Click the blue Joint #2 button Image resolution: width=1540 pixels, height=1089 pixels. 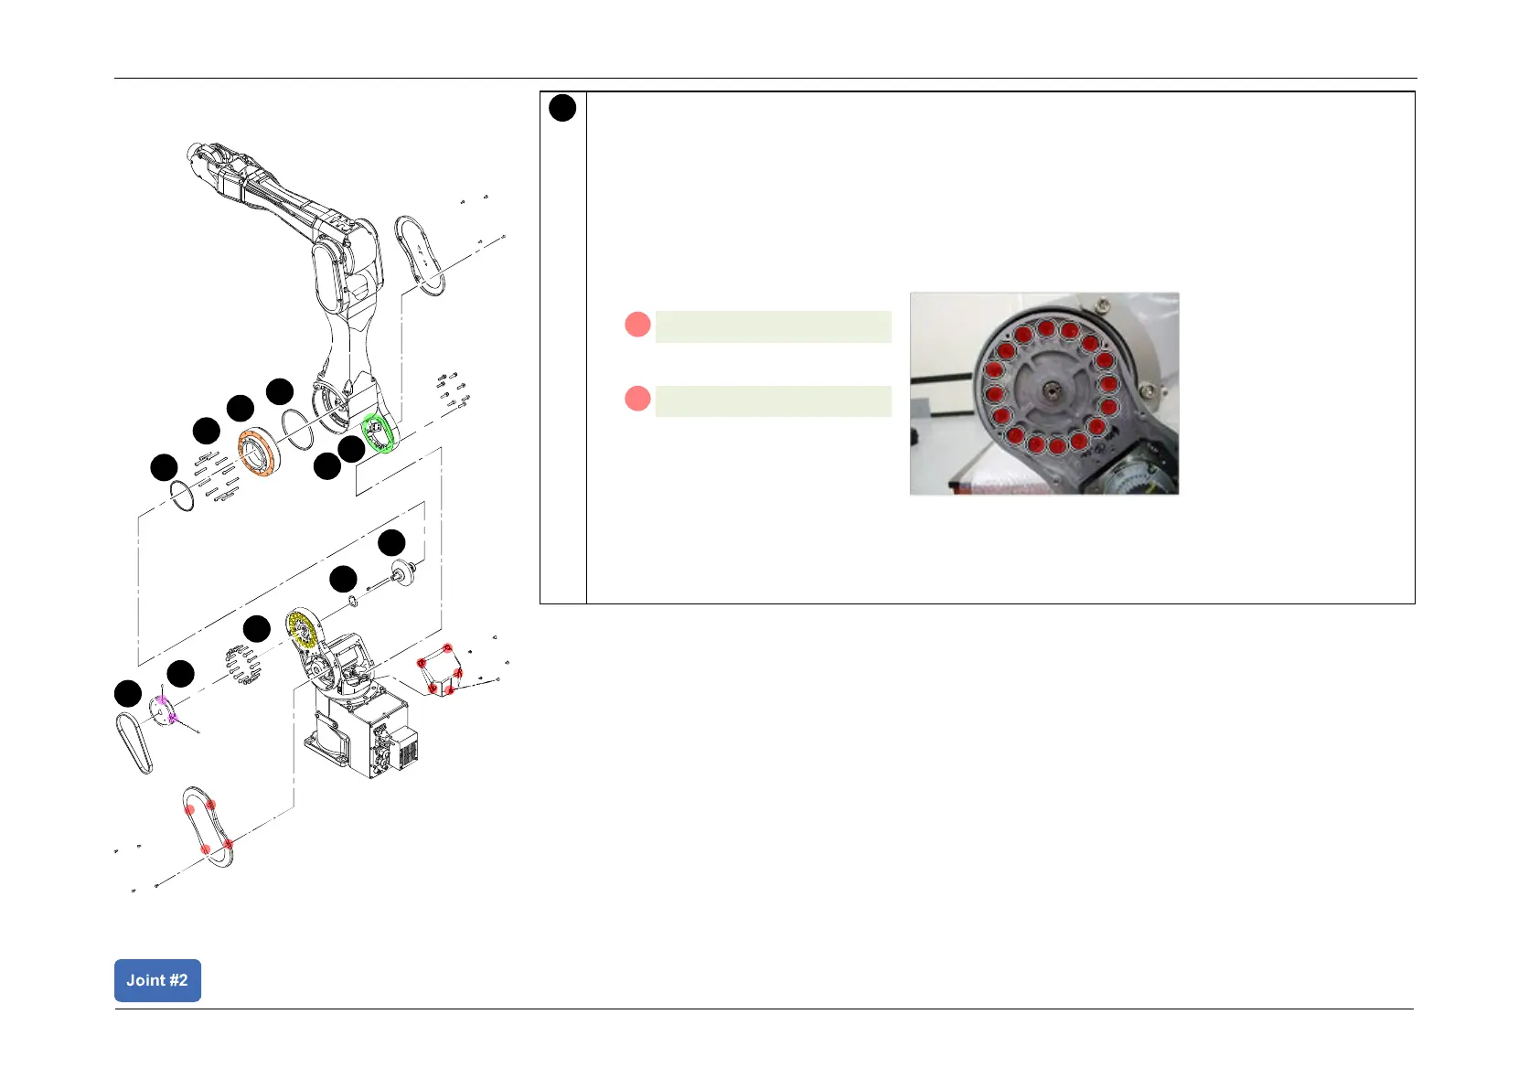(x=157, y=980)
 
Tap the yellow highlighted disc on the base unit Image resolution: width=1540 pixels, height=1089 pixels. (x=301, y=628)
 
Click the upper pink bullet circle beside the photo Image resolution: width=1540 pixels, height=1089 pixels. (x=637, y=325)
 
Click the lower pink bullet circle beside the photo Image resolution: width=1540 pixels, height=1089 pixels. (x=637, y=400)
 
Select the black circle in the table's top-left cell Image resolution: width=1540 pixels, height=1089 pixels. (x=562, y=108)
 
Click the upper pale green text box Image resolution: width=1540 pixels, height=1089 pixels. (x=773, y=326)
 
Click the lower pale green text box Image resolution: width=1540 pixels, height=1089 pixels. (x=773, y=401)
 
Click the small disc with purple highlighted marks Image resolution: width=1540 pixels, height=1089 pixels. (x=164, y=710)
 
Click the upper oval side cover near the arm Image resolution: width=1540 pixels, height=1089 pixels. (x=421, y=255)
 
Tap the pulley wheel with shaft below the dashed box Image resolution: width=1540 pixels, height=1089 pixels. (x=401, y=574)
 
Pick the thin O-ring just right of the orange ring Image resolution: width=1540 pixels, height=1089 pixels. (x=297, y=430)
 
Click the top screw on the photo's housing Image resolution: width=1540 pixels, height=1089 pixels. (x=1105, y=304)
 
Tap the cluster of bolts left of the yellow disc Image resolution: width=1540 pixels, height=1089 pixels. (x=243, y=664)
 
